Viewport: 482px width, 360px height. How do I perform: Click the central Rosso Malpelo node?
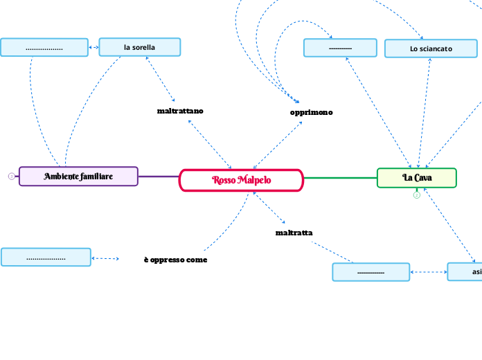click(241, 180)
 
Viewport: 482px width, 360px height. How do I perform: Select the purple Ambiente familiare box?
click(78, 177)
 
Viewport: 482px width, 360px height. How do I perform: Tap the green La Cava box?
click(417, 178)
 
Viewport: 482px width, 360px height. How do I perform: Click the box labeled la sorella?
click(139, 47)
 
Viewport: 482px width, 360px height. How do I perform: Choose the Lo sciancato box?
click(431, 48)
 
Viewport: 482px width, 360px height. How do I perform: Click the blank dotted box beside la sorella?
click(44, 48)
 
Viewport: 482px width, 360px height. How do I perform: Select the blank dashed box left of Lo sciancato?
click(340, 48)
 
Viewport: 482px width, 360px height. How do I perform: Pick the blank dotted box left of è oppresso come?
click(46, 258)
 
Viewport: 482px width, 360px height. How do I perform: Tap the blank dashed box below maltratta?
click(371, 272)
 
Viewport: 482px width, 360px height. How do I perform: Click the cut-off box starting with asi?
click(465, 272)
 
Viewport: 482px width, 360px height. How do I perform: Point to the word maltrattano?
click(180, 111)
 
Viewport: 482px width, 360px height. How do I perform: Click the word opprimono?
click(311, 112)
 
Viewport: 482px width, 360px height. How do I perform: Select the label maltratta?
click(294, 233)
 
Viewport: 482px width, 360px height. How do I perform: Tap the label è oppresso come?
click(175, 260)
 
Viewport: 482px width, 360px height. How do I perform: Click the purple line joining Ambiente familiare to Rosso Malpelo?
click(159, 177)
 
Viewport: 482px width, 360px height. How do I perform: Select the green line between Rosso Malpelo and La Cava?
click(340, 178)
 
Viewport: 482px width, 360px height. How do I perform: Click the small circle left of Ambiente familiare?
click(11, 177)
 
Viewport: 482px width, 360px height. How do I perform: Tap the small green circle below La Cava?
click(417, 195)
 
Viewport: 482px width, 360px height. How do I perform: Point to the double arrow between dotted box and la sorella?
click(94, 48)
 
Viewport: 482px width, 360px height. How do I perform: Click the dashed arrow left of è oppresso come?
click(105, 258)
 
